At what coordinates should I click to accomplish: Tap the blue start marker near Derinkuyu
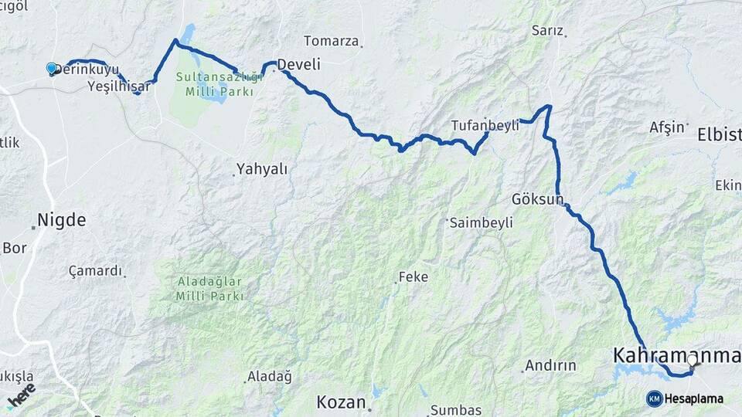point(52,69)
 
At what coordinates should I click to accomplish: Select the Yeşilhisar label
point(118,86)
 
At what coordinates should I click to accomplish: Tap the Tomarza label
point(331,41)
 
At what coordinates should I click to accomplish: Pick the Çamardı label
point(95,271)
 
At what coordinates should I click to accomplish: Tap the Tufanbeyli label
point(485,126)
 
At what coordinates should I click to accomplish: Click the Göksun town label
point(537,199)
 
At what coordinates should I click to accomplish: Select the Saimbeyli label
point(480,222)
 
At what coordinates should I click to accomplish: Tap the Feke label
point(413,277)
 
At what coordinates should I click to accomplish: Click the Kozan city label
point(341,402)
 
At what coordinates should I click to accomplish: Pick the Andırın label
point(550,365)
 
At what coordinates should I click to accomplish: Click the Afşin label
point(668,127)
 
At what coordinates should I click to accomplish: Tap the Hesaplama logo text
point(693,398)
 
